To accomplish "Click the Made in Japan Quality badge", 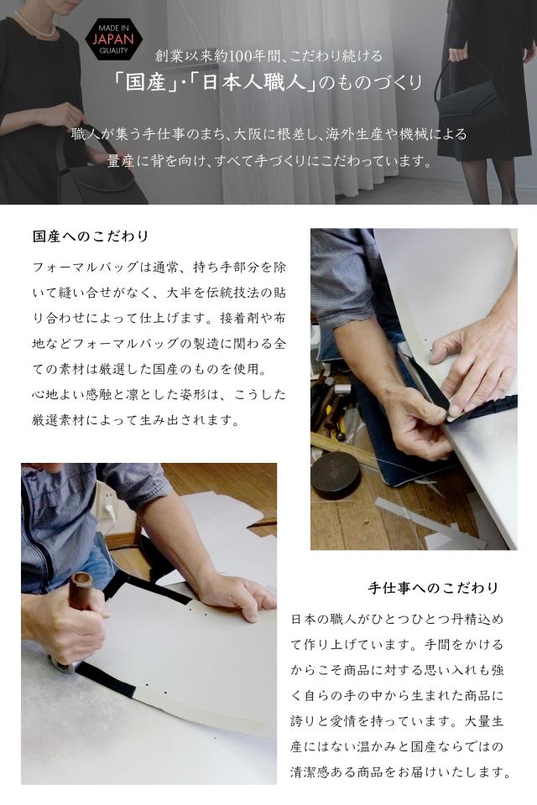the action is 113,39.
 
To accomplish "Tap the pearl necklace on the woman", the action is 34,26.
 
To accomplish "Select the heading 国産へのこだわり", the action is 91,236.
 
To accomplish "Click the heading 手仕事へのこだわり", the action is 433,588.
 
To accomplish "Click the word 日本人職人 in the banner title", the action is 252,82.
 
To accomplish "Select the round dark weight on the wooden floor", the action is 336,474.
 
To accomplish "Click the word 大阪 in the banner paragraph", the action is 248,134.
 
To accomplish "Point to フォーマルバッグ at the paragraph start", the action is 86,267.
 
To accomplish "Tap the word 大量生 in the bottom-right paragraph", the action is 484,721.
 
